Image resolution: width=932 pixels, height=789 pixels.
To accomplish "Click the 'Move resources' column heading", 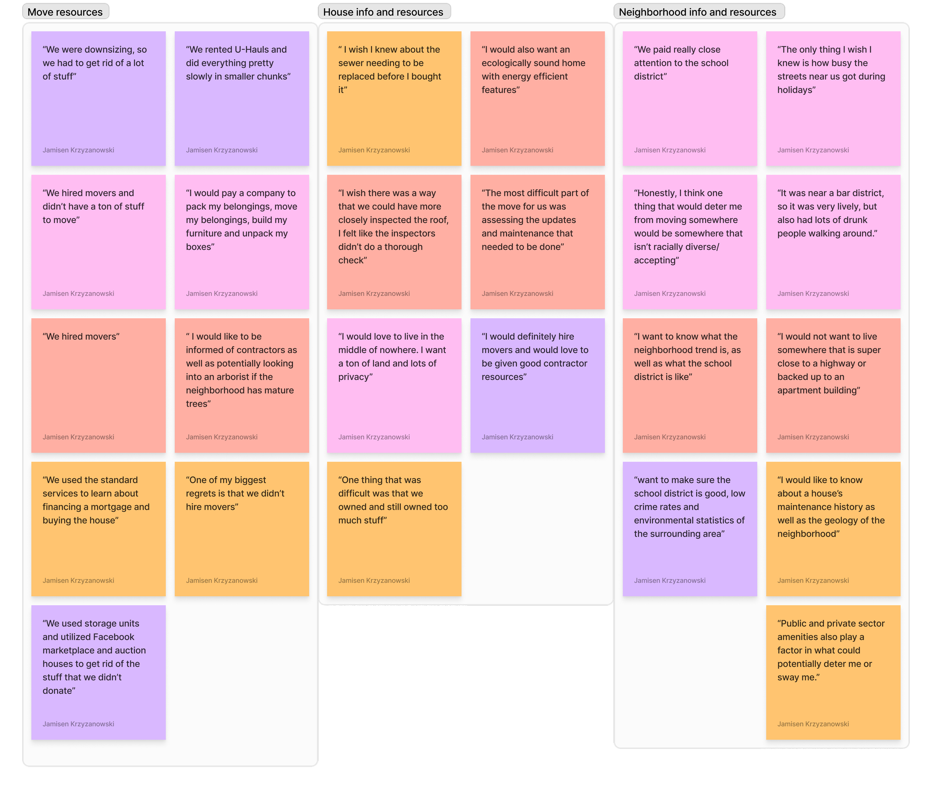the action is tap(65, 12).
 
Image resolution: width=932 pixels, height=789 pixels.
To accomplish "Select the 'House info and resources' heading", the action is tap(383, 12).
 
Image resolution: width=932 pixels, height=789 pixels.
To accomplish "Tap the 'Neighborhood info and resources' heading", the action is tap(698, 12).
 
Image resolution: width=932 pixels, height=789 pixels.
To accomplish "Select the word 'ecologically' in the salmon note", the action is tap(508, 63).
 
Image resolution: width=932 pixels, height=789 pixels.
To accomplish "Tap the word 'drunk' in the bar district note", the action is tap(853, 220).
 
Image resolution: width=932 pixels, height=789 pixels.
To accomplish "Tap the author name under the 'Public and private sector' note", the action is tap(813, 724).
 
